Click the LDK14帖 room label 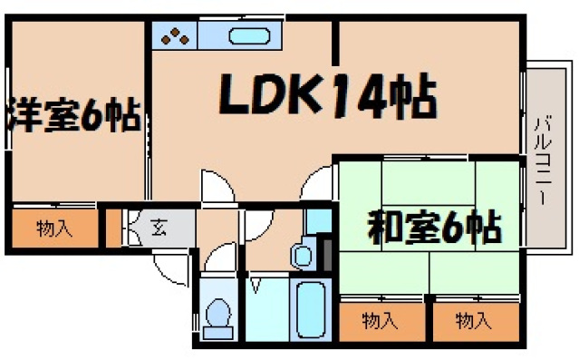[326, 95]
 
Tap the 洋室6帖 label [72, 116]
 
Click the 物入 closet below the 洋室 [54, 229]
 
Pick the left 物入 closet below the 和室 [381, 319]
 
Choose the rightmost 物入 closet [474, 319]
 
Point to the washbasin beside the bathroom [303, 255]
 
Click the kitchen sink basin [248, 37]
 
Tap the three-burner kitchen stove [175, 37]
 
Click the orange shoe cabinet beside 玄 [113, 229]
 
